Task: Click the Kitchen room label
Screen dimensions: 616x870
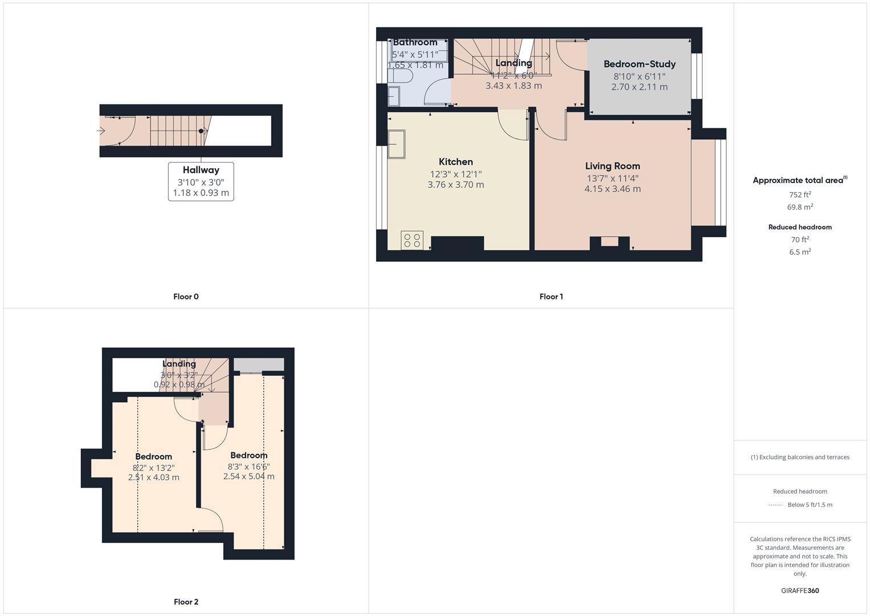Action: (x=456, y=162)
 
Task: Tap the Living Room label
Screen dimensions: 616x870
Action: (x=612, y=166)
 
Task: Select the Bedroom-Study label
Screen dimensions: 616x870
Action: (x=639, y=64)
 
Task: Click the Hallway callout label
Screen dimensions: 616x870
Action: (x=201, y=170)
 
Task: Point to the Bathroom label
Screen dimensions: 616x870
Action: (x=415, y=42)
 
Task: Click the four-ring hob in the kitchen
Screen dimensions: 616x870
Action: (x=412, y=240)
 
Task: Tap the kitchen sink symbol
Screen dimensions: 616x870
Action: (x=396, y=144)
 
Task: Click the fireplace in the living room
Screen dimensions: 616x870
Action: (x=609, y=242)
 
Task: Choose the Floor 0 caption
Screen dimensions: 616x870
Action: (x=186, y=297)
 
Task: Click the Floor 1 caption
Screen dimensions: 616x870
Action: (x=551, y=297)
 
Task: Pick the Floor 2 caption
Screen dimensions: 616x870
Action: (x=186, y=602)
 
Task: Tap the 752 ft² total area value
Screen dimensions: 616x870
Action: (x=800, y=194)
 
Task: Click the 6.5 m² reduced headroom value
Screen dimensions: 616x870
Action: (x=800, y=252)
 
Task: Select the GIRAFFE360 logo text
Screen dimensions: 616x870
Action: (x=800, y=591)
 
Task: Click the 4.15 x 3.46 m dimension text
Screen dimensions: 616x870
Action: (x=612, y=189)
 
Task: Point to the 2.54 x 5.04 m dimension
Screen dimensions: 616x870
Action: (x=248, y=476)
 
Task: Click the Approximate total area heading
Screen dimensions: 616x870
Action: (x=798, y=180)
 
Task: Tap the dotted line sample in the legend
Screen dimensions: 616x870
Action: (x=775, y=505)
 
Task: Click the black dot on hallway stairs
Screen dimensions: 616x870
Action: (x=201, y=131)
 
